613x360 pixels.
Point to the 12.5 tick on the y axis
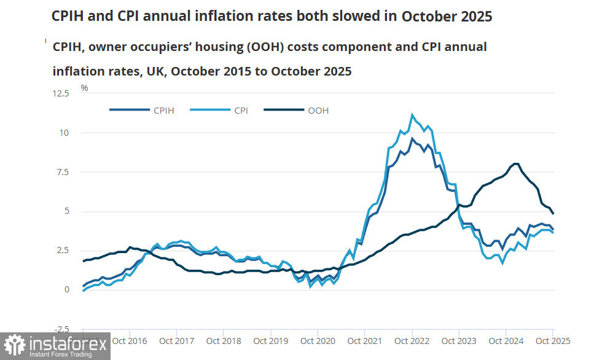click(x=61, y=93)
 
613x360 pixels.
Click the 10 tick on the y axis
click(x=66, y=133)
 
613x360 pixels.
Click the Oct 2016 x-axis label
click(x=129, y=340)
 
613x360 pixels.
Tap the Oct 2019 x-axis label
click(x=270, y=340)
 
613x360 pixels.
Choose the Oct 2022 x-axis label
click(x=412, y=340)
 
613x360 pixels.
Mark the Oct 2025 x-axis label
click(x=553, y=340)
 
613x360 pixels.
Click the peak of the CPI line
click(x=412, y=114)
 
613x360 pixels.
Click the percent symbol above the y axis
click(x=84, y=88)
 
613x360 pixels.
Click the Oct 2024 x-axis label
click(x=506, y=340)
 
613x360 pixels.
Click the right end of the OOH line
click(x=553, y=213)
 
